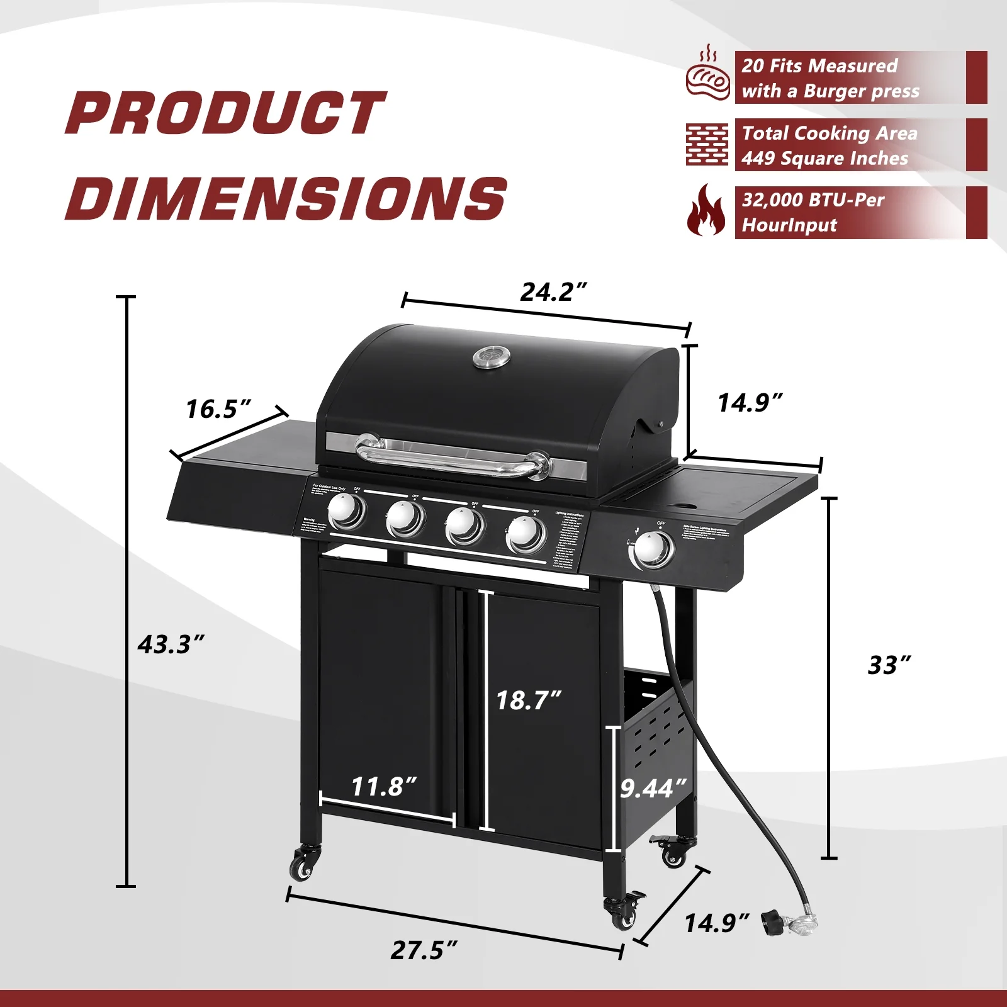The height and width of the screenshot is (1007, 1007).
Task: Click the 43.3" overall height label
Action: [x=171, y=644]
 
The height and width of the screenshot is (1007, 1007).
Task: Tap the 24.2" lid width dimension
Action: [x=553, y=292]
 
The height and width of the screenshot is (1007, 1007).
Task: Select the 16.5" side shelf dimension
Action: [x=218, y=409]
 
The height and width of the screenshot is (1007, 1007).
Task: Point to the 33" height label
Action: [x=889, y=665]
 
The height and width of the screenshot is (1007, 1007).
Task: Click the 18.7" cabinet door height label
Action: [x=528, y=700]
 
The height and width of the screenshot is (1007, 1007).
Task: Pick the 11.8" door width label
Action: [x=383, y=787]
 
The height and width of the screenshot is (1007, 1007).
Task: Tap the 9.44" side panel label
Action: [x=653, y=789]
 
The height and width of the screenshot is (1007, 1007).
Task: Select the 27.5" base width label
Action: [x=424, y=950]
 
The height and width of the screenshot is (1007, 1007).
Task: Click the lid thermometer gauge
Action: [x=492, y=357]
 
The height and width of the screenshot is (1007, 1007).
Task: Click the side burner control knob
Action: [x=651, y=549]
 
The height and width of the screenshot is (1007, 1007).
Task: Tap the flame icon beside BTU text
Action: [x=706, y=211]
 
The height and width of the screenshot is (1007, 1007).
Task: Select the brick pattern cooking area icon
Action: [x=707, y=145]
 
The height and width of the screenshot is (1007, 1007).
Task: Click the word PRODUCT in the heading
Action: [x=225, y=113]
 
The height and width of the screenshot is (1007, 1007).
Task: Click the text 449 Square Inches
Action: [x=824, y=159]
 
